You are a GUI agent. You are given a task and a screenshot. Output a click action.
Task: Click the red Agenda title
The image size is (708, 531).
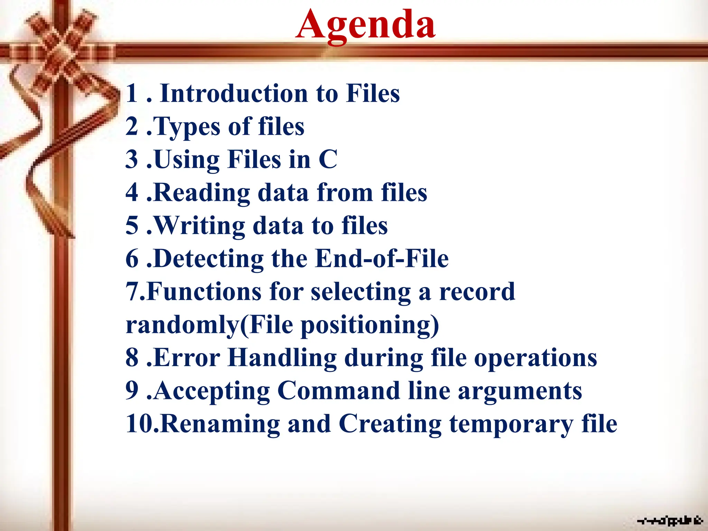click(365, 25)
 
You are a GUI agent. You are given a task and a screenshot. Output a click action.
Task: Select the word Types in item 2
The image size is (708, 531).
click(186, 127)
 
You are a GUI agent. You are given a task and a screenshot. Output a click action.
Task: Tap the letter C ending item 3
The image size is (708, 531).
click(327, 159)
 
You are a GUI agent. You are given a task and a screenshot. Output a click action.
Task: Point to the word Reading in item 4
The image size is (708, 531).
click(201, 193)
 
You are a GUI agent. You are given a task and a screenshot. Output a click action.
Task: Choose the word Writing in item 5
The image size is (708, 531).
click(199, 226)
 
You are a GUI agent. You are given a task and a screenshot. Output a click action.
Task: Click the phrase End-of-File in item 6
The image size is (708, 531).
click(382, 259)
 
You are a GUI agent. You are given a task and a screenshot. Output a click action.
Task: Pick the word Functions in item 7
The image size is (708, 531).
click(204, 291)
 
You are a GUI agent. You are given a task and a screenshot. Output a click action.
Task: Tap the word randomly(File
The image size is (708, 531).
click(209, 325)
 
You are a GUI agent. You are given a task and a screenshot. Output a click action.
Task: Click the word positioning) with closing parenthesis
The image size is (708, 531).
click(370, 325)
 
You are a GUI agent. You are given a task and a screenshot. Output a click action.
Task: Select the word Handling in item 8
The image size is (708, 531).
click(282, 357)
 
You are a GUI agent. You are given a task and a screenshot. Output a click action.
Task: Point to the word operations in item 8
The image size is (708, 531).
click(535, 357)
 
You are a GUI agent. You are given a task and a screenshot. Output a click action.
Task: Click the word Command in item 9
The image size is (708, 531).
click(338, 391)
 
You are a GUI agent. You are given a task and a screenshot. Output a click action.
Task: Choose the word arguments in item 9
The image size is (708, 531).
click(520, 391)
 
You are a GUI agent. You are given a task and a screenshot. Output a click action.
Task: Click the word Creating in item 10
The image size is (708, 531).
click(390, 424)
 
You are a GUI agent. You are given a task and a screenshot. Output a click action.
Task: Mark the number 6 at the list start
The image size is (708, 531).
click(132, 259)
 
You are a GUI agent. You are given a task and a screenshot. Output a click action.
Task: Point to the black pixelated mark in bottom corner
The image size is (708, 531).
click(670, 520)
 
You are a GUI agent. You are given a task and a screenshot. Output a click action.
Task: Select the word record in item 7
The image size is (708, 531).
click(477, 291)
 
